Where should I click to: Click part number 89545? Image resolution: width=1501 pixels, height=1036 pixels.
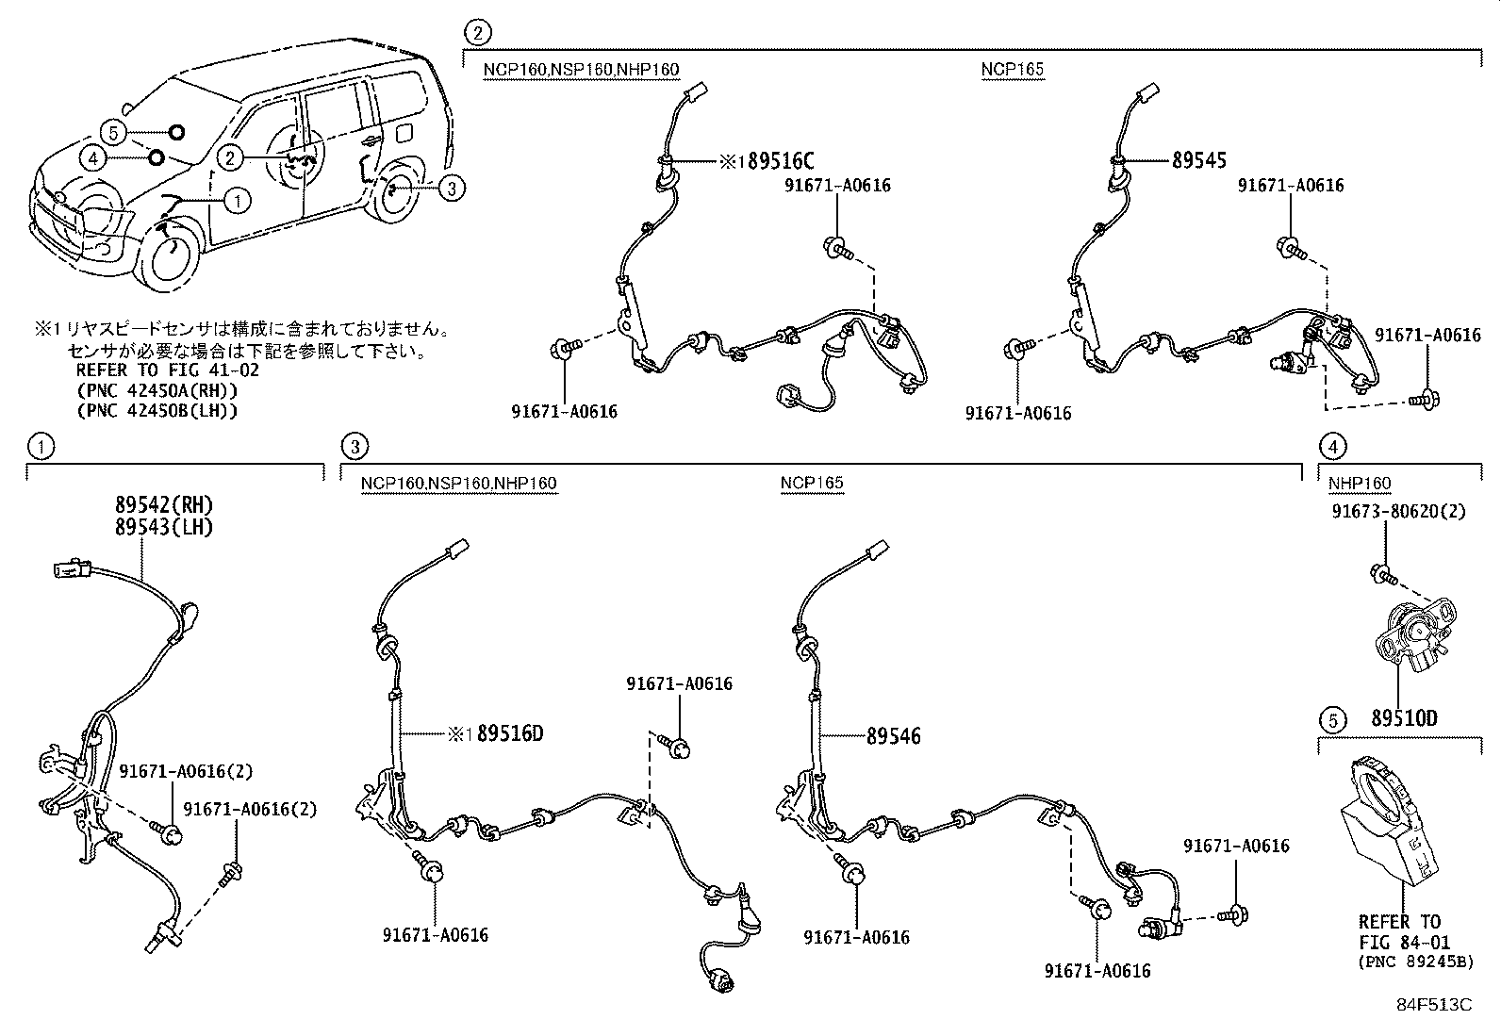coord(1199,161)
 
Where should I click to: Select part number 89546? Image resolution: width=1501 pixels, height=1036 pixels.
coord(894,735)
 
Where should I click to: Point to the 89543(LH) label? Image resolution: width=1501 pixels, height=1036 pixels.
coord(164,527)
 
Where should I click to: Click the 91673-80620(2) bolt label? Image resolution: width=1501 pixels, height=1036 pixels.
coord(1399,510)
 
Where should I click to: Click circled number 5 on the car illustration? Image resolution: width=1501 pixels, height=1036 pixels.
coord(113,132)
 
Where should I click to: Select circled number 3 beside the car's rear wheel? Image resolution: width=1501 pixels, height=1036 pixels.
coord(452,189)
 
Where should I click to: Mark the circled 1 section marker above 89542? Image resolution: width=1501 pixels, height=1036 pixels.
coord(40,445)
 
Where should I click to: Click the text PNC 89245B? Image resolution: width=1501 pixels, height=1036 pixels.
coord(1416,962)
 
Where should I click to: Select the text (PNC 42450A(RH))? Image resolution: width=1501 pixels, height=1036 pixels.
coord(157,390)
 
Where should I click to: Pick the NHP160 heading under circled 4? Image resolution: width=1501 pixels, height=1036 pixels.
coord(1359,484)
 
